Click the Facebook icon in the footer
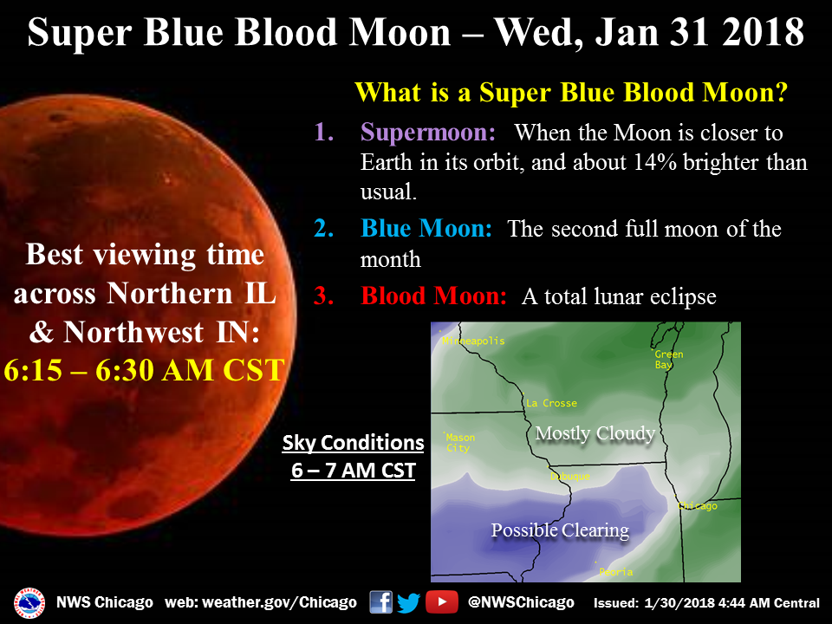coord(380,601)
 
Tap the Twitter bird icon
coord(408,601)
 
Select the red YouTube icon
coord(442,601)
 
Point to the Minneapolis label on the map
coord(473,341)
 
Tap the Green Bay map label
coord(668,360)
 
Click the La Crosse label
coord(551,403)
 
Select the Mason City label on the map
coord(459,443)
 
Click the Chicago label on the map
coord(698,505)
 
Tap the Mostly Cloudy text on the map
coord(595,433)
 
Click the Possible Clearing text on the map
coord(560,530)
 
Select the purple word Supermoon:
coord(428,133)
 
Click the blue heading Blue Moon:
coord(426,230)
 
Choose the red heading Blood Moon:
coord(433,296)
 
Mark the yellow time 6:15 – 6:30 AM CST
coord(144,370)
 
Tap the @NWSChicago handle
coord(521,602)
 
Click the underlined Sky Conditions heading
coord(353,443)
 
